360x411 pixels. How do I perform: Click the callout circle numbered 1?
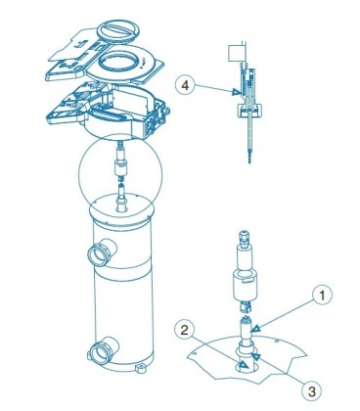322,296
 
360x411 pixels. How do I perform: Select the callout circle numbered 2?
185,330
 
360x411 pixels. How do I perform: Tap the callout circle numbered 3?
312,391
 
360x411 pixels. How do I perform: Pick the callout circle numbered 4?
185,86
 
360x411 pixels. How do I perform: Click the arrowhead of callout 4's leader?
236,93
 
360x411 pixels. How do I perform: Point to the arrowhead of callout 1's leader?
256,328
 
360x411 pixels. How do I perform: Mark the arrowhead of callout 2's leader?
244,366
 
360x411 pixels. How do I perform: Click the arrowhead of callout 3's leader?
256,356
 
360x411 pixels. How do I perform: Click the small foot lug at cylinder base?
141,369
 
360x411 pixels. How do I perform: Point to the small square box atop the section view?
235,53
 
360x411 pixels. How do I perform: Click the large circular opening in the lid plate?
119,62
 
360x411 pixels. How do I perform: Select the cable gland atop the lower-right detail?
246,239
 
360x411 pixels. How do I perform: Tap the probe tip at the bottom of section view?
249,158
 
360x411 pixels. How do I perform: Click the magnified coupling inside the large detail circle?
121,166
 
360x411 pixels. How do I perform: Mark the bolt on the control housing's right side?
168,111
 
